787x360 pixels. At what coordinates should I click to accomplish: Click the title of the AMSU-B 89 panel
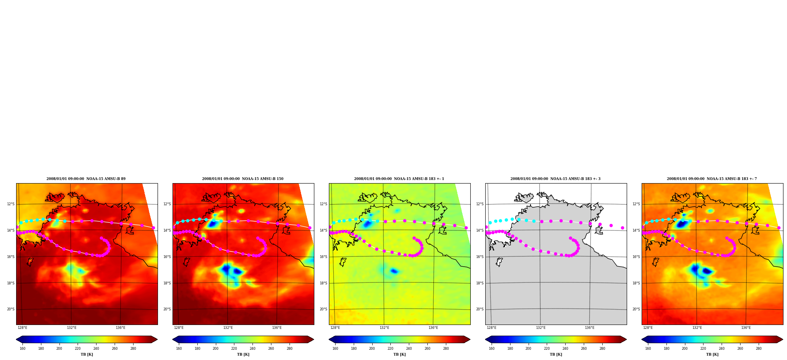[x=86, y=179]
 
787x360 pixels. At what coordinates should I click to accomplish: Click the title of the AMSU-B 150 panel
[x=243, y=179]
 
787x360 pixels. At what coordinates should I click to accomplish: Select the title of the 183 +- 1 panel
[x=399, y=179]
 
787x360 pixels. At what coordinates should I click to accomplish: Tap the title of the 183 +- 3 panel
[x=555, y=179]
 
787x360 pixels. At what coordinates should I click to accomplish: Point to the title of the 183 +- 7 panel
[x=712, y=179]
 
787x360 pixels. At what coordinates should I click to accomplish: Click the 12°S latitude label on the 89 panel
[x=11, y=204]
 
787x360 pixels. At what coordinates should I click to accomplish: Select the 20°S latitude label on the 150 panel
[x=167, y=309]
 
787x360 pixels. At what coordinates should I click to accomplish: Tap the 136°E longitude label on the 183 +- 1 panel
[x=433, y=328]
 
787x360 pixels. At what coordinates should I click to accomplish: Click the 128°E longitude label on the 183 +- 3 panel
[x=492, y=328]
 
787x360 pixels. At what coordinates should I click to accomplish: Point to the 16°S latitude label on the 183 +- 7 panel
[x=636, y=257]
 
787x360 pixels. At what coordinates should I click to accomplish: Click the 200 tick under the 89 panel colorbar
[x=59, y=349]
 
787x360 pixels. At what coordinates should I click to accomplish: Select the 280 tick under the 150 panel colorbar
[x=290, y=349]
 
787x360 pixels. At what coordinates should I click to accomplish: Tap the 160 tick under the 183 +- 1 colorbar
[x=335, y=349]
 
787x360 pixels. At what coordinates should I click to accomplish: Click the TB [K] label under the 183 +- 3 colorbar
[x=556, y=354]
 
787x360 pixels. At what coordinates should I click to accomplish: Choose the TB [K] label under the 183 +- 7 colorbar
[x=712, y=354]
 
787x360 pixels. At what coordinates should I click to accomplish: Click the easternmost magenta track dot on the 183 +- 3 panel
[x=622, y=228]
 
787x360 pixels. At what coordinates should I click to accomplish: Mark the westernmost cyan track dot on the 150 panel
[x=177, y=223]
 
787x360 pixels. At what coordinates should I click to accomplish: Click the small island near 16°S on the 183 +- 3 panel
[x=499, y=262]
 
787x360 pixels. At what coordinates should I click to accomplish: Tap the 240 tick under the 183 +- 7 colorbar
[x=722, y=349]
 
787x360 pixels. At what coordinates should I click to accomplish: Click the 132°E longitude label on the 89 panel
[x=71, y=328]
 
